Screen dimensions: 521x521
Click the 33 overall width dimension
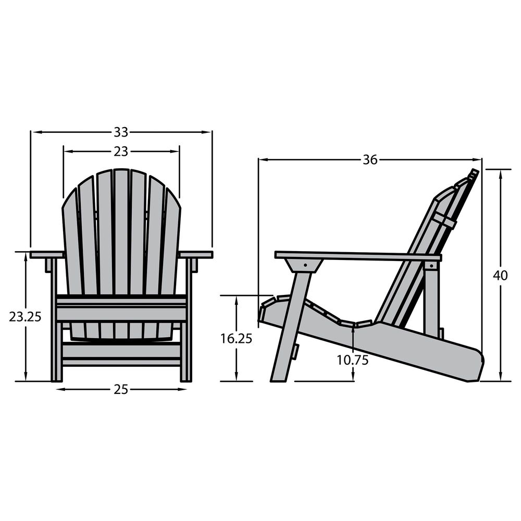121,132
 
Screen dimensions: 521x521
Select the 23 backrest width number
121,152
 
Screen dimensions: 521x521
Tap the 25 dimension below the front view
121,389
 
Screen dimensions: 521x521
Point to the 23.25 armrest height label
25,317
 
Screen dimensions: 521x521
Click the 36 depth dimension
370,160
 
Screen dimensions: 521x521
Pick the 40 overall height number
500,276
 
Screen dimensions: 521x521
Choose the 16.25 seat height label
237,339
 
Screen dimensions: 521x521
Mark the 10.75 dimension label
353,360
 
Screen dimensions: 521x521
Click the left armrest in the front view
47,255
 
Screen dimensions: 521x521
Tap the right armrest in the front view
196,255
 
